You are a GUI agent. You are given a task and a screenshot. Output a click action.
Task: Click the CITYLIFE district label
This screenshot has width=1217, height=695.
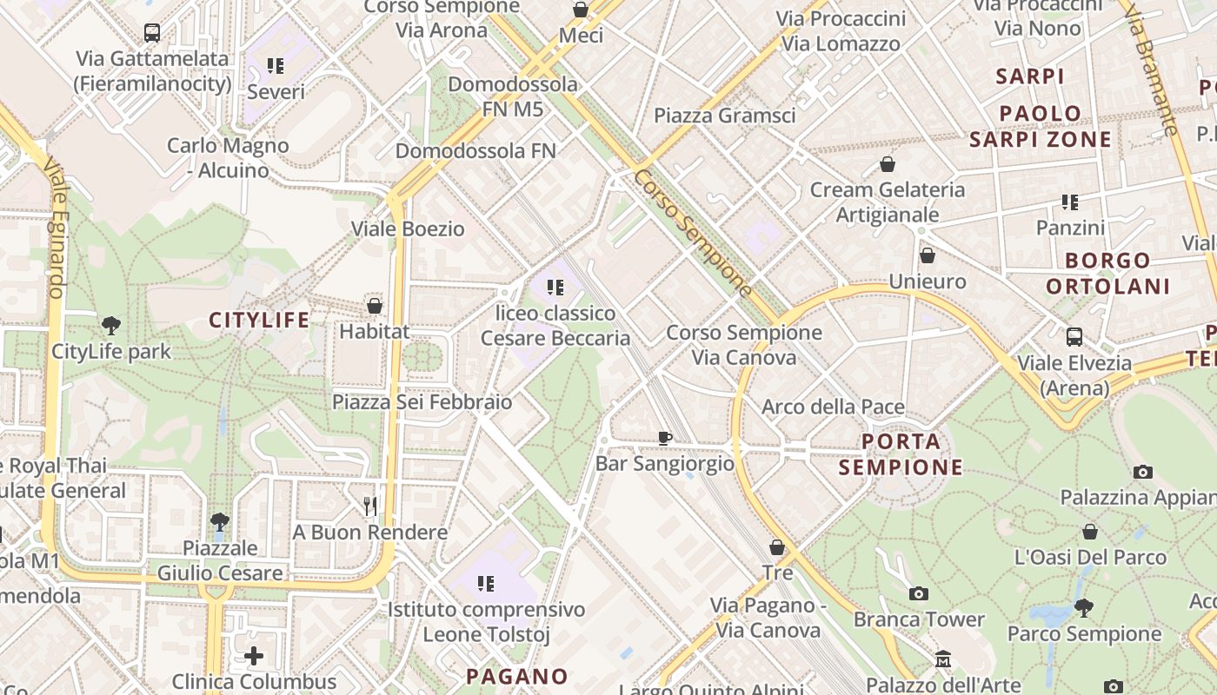click(x=259, y=321)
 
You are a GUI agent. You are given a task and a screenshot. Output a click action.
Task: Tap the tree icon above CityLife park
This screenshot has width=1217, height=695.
click(x=110, y=327)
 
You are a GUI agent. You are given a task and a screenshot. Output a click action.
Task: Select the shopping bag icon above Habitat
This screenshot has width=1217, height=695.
click(x=375, y=306)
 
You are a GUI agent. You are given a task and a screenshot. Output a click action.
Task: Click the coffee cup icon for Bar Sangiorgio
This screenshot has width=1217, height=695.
click(x=665, y=439)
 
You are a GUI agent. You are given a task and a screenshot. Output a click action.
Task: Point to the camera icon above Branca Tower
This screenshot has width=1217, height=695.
click(x=918, y=594)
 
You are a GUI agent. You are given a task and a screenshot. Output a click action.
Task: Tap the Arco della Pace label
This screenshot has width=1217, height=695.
click(x=833, y=407)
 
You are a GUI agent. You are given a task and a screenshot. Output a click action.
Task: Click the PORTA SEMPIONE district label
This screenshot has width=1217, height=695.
click(x=901, y=454)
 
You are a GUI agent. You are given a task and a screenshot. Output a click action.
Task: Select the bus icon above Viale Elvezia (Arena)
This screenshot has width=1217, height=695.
click(x=1074, y=337)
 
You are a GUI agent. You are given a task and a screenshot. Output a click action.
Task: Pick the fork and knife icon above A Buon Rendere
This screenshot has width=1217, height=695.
click(x=370, y=506)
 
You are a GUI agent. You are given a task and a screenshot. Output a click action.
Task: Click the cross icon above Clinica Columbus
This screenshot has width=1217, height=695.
click(x=254, y=655)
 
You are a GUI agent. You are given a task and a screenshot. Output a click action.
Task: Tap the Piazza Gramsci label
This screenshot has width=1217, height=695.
click(x=724, y=116)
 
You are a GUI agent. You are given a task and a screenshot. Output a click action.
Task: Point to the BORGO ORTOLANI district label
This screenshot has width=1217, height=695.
click(x=1108, y=273)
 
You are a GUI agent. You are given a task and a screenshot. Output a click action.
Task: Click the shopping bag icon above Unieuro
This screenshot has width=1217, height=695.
click(x=928, y=255)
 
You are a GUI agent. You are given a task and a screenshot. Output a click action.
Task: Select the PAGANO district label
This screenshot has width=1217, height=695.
click(x=516, y=676)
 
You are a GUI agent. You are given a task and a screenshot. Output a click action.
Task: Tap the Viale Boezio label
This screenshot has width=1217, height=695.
click(x=408, y=229)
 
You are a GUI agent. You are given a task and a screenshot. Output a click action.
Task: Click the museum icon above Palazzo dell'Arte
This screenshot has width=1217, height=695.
click(x=943, y=660)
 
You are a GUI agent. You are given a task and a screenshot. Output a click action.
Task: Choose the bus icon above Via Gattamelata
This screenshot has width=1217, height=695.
click(x=152, y=33)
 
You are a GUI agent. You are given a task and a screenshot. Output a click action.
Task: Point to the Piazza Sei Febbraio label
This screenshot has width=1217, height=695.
click(x=422, y=402)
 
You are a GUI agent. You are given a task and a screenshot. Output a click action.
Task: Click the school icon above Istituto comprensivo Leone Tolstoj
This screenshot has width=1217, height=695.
click(x=486, y=584)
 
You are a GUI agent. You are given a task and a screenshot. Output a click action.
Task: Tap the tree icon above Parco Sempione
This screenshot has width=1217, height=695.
click(x=1083, y=607)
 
